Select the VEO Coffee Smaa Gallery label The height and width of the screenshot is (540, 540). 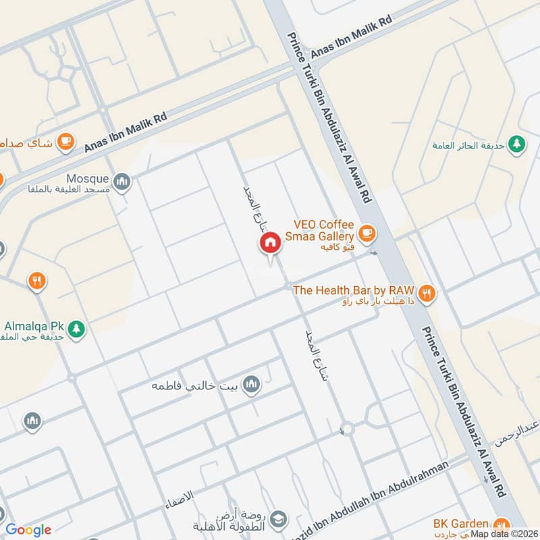[323, 230]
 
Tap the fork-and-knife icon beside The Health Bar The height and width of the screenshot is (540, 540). [426, 293]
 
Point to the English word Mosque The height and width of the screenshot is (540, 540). [87, 179]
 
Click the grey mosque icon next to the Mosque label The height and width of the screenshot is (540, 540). [122, 181]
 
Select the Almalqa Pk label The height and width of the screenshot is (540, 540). [32, 325]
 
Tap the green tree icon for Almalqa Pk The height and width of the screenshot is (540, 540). [77, 329]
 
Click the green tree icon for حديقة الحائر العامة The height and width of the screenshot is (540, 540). [517, 144]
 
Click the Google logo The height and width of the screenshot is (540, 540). [28, 530]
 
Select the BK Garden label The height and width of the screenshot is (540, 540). [461, 523]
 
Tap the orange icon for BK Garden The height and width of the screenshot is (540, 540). [502, 524]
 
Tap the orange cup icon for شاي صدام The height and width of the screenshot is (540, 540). [65, 140]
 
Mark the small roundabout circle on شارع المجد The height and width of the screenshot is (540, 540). [346, 428]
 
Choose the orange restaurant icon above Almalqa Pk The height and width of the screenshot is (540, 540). [37, 281]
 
